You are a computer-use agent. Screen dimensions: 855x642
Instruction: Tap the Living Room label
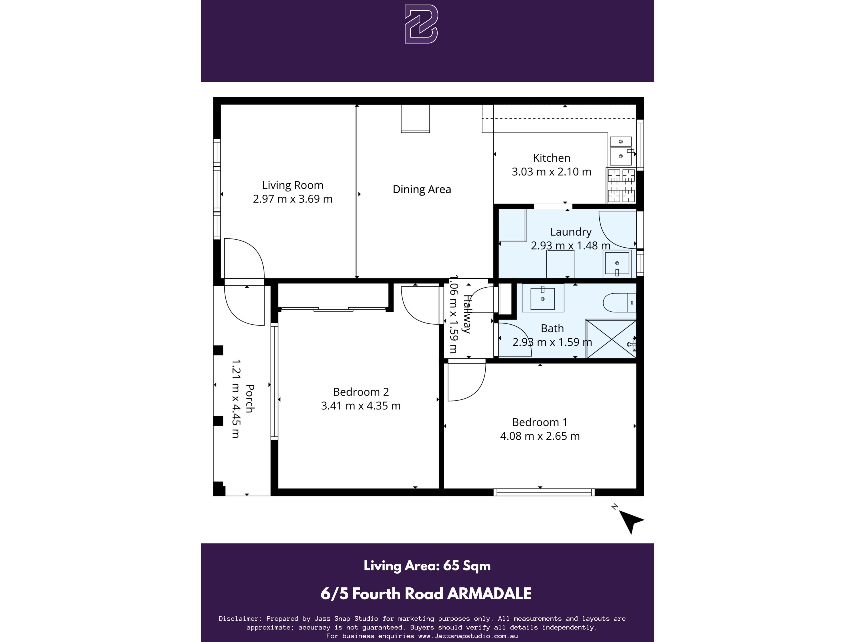point(293,185)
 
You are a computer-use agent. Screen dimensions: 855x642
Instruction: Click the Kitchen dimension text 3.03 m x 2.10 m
point(552,172)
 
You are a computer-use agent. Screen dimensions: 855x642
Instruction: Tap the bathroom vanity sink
point(543,298)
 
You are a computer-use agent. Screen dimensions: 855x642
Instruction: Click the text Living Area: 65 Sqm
point(427,566)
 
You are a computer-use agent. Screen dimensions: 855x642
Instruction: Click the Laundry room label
point(570,232)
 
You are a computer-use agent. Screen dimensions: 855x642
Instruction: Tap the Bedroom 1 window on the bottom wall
point(544,492)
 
